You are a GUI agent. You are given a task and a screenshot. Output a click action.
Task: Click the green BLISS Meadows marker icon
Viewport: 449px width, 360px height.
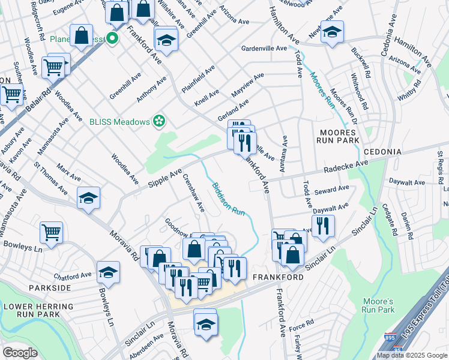[159, 122]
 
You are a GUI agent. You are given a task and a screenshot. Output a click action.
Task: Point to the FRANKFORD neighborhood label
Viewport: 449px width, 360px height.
[276, 278]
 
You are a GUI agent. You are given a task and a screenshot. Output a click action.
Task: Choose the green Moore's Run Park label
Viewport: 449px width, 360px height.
[378, 305]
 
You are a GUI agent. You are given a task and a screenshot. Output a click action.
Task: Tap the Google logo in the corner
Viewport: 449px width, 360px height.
[20, 353]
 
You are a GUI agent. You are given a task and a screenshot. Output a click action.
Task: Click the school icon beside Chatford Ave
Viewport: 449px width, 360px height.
[109, 273]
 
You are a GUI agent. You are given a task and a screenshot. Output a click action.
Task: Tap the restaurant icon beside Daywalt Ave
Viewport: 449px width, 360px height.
[323, 226]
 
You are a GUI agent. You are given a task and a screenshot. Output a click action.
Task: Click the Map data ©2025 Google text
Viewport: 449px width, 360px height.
[412, 355]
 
